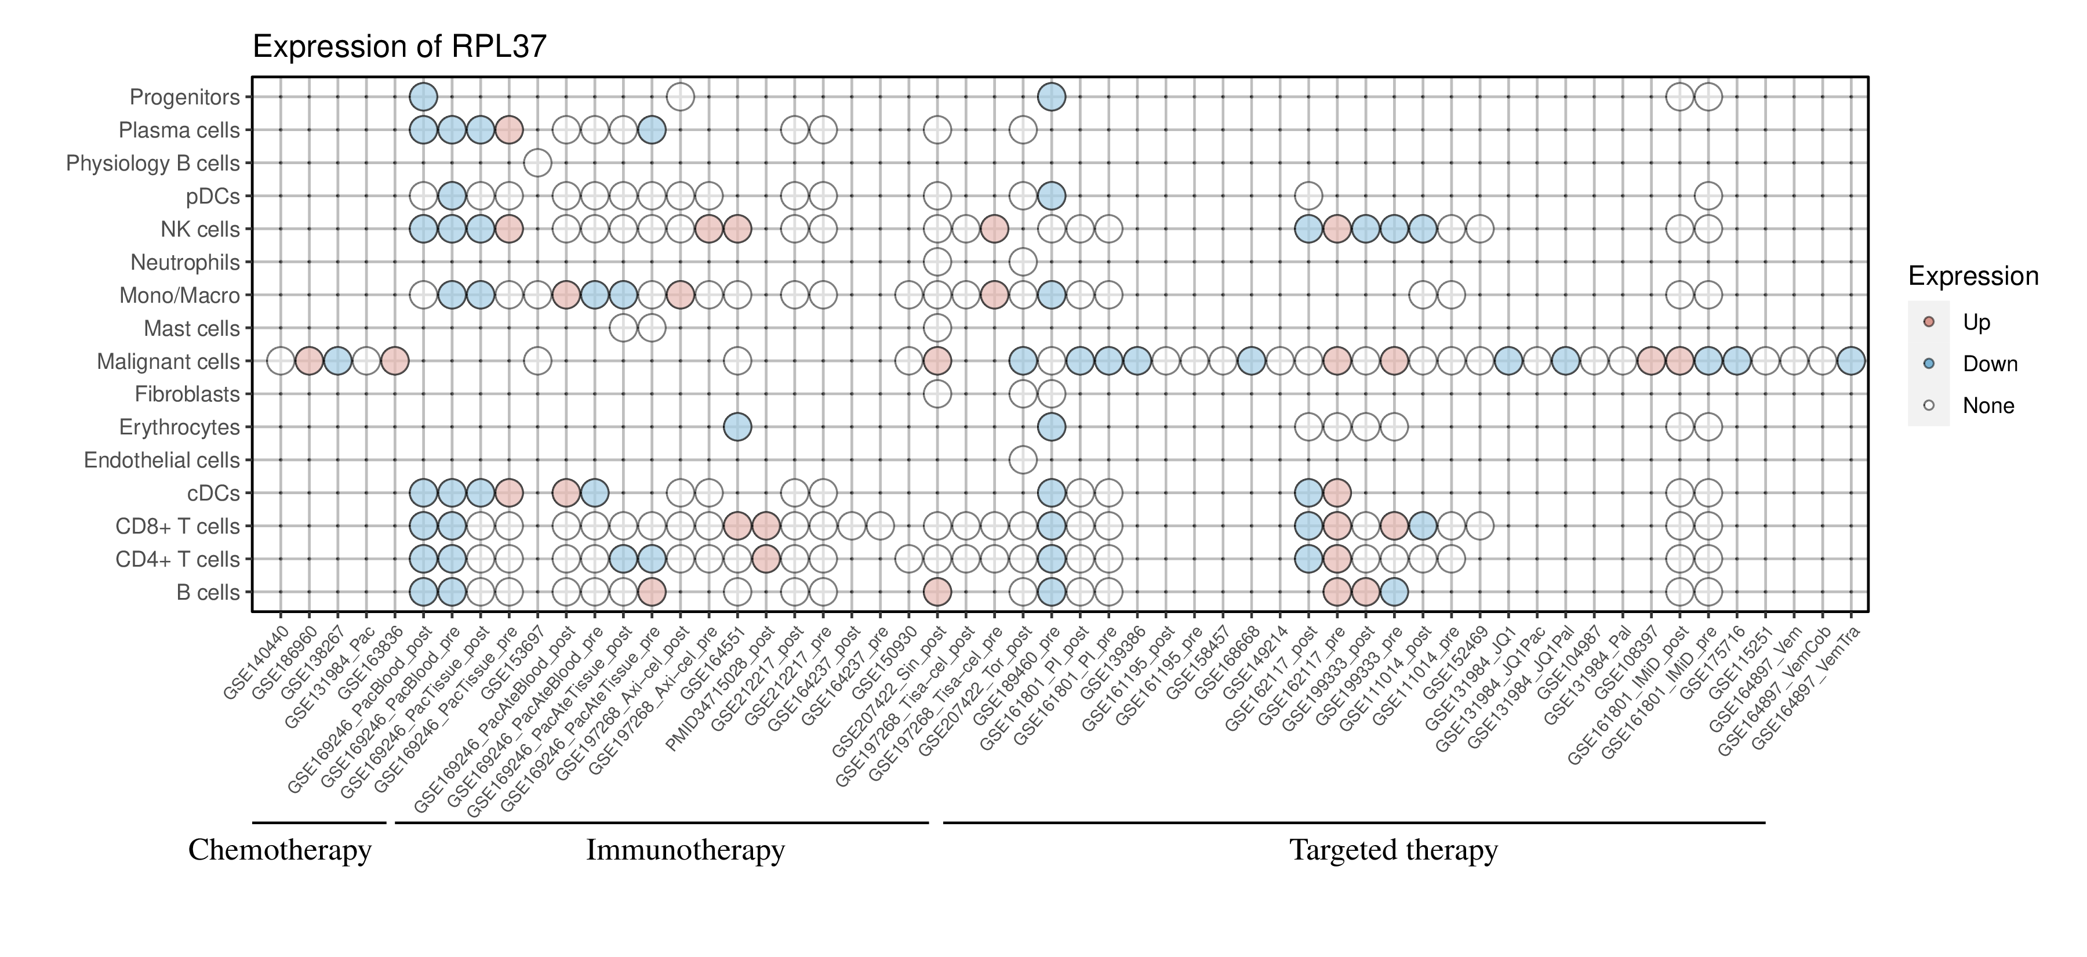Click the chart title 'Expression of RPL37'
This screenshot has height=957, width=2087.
click(x=399, y=47)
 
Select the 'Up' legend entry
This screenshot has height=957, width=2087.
click(x=1976, y=322)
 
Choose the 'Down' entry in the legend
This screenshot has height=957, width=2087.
click(x=1989, y=364)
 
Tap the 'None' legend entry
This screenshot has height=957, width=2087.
click(x=1987, y=406)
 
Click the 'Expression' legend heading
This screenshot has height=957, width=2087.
click(x=1973, y=276)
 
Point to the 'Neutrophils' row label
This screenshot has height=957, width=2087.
click(x=185, y=263)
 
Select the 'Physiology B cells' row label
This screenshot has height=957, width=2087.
click(x=152, y=164)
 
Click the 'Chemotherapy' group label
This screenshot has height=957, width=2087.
click(x=279, y=850)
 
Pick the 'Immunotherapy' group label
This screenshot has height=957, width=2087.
click(x=685, y=850)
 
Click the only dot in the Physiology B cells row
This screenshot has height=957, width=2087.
click(x=537, y=163)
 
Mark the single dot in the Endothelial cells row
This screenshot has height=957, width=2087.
click(x=1023, y=461)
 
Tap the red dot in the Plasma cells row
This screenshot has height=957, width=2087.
click(x=509, y=130)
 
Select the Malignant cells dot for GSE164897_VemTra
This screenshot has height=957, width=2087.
click(x=1850, y=361)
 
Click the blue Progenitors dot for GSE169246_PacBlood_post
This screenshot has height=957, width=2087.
click(x=423, y=97)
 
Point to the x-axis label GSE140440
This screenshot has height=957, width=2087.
click(x=256, y=663)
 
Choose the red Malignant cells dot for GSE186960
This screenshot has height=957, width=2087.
click(x=308, y=361)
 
